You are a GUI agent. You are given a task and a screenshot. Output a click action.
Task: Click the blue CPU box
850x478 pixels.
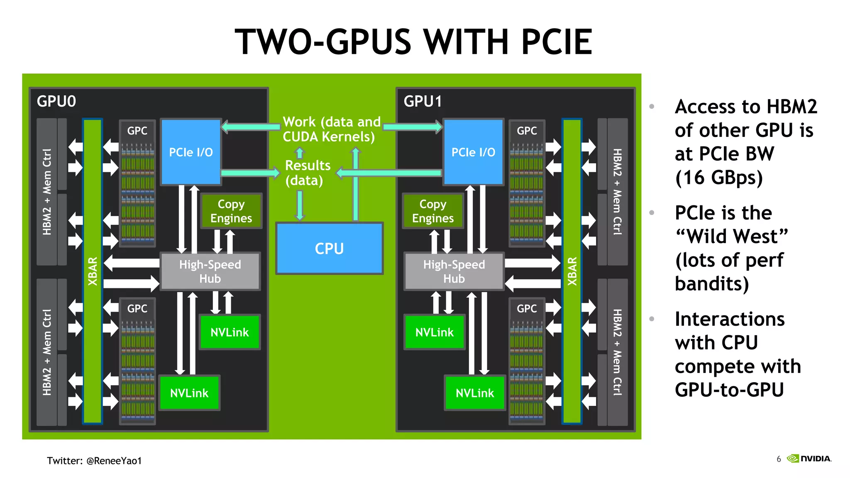click(329, 249)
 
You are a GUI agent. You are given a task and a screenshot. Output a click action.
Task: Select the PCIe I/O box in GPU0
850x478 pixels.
click(191, 152)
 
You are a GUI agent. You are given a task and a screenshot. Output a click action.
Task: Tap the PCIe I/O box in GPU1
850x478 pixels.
click(473, 152)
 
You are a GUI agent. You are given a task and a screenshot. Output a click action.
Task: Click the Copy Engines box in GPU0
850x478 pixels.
click(231, 211)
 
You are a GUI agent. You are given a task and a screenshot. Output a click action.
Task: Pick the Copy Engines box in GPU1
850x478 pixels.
click(432, 211)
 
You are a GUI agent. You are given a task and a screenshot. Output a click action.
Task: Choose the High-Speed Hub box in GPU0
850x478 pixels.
click(210, 271)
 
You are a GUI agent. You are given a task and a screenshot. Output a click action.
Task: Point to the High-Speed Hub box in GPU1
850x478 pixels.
click(454, 271)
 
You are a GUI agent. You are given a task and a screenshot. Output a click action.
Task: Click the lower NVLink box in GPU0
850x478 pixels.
click(189, 393)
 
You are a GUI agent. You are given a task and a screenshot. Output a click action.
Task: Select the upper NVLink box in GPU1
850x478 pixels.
click(435, 332)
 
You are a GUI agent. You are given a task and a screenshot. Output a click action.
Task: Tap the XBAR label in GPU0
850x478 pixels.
click(93, 271)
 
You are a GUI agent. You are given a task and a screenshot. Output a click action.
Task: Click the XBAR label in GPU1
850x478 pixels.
click(572, 271)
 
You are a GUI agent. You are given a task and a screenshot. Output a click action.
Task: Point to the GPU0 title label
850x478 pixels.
click(56, 101)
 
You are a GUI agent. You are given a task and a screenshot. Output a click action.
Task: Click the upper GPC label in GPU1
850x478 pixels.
click(527, 131)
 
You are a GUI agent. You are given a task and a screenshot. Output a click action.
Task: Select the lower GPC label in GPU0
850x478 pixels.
click(137, 309)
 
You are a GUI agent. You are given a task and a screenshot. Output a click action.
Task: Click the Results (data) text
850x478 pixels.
click(307, 173)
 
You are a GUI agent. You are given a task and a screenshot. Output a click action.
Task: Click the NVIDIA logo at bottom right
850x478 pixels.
click(809, 458)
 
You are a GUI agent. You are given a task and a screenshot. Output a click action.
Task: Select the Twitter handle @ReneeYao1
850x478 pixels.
click(114, 461)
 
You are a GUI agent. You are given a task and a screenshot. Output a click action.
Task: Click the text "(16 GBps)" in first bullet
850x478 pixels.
click(719, 178)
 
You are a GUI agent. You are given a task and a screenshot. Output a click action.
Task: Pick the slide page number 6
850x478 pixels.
click(779, 459)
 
